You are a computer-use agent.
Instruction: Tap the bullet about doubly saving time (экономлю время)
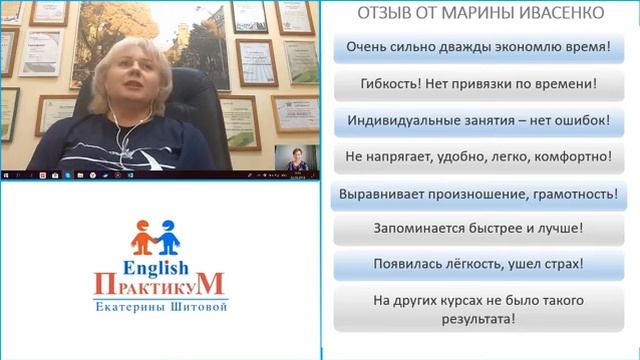[478, 47]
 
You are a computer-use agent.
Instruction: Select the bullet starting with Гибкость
[478, 84]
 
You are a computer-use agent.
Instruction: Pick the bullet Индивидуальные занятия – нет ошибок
[478, 121]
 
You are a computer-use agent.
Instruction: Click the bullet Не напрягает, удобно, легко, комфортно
[478, 157]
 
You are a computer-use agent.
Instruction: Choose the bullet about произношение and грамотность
[478, 193]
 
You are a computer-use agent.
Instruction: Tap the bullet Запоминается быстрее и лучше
[478, 229]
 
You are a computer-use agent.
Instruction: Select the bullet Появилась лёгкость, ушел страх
[478, 265]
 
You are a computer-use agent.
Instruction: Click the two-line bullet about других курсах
[478, 310]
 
